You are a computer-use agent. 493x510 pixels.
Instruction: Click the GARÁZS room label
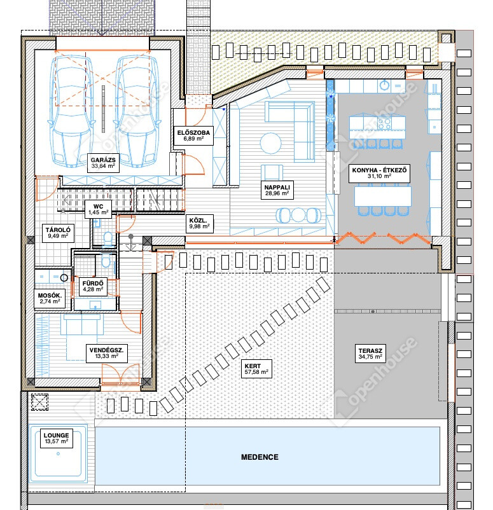[103, 163]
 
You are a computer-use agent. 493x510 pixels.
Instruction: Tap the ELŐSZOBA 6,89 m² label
[193, 135]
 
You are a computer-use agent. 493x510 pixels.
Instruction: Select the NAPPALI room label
[277, 190]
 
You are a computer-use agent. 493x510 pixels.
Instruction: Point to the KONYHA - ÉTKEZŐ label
[379, 173]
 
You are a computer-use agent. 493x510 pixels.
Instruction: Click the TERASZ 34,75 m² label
[370, 354]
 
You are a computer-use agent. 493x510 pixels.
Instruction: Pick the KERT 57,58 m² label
[256, 369]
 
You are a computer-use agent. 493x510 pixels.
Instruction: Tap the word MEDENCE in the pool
[260, 457]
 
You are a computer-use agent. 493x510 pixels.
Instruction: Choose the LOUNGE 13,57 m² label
[56, 438]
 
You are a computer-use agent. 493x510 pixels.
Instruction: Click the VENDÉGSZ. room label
[106, 353]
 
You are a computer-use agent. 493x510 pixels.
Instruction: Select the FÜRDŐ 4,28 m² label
[93, 286]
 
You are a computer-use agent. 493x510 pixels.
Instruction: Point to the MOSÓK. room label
[50, 298]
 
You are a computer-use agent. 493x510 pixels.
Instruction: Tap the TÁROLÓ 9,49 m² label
[58, 233]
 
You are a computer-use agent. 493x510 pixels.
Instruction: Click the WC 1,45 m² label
[98, 209]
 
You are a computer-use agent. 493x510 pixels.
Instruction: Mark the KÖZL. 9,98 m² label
[199, 223]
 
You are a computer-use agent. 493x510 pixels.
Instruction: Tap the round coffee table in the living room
[270, 143]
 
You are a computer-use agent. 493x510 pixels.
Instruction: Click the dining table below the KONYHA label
[383, 196]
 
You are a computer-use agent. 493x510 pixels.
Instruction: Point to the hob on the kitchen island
[384, 123]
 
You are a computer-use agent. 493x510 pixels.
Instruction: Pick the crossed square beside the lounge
[39, 402]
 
